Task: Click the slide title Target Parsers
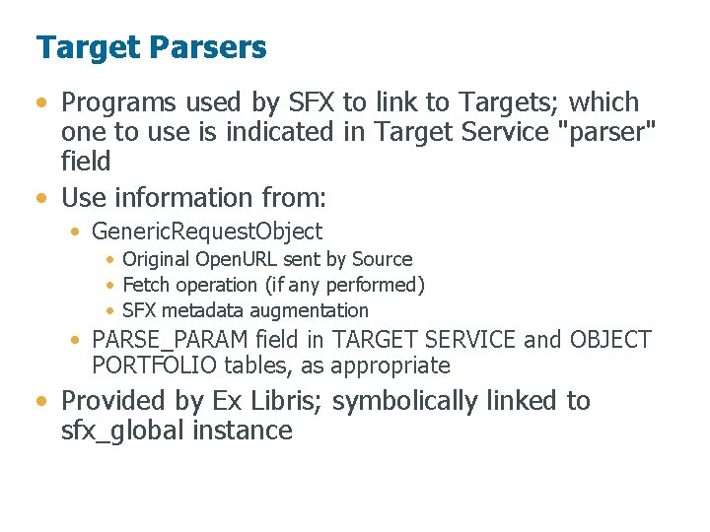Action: pyautogui.click(x=151, y=47)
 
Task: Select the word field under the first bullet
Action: pyautogui.click(x=86, y=161)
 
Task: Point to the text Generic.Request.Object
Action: pyautogui.click(x=207, y=233)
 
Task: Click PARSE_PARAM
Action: pyautogui.click(x=170, y=340)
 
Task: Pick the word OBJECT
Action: pyautogui.click(x=610, y=340)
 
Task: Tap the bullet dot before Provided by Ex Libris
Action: pyautogui.click(x=40, y=402)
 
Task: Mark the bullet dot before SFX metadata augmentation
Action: pyautogui.click(x=111, y=311)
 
